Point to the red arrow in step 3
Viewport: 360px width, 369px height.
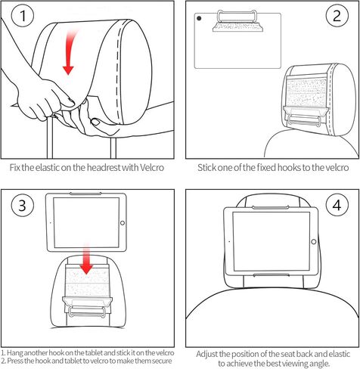[87, 258]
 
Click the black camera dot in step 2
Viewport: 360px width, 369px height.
[197, 19]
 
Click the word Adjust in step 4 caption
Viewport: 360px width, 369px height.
[209, 353]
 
